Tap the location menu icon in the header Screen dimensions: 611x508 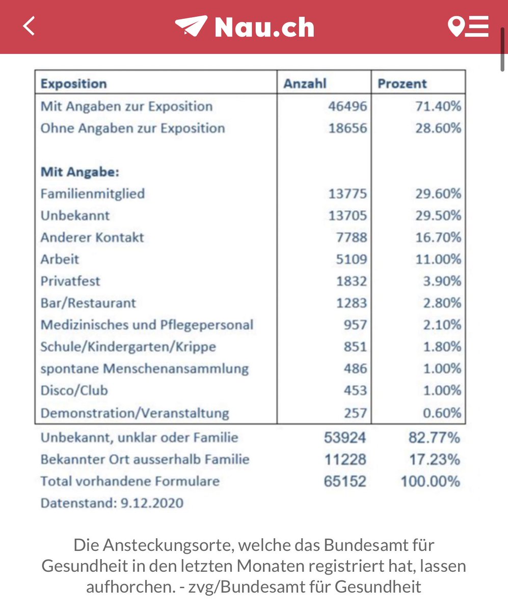tap(468, 26)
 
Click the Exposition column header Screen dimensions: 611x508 tap(74, 84)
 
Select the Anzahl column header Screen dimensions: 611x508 tap(305, 84)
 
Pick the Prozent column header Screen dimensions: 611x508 tap(402, 84)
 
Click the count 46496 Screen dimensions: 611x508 tap(347, 106)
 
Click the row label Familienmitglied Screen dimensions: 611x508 tap(93, 193)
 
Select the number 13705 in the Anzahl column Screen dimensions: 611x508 tap(347, 215)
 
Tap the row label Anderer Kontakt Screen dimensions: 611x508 tap(92, 237)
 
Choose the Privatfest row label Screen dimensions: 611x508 tap(70, 281)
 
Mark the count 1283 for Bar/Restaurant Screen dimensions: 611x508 tap(351, 303)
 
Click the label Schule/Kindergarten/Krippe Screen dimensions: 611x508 tap(128, 347)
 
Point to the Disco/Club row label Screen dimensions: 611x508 tap(74, 391)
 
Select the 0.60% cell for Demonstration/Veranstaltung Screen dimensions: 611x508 tap(445, 412)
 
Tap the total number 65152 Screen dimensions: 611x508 tap(345, 481)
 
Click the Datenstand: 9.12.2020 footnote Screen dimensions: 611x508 tap(112, 503)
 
